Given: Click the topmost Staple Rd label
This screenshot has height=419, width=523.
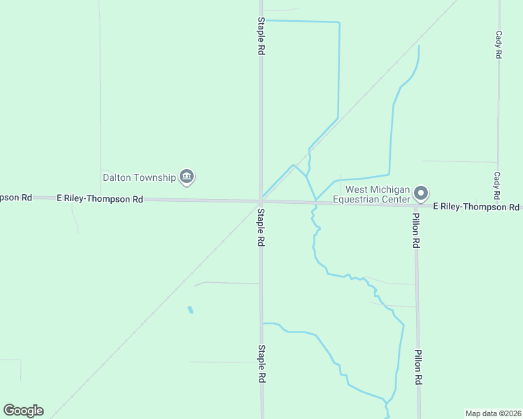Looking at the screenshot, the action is click(x=261, y=36).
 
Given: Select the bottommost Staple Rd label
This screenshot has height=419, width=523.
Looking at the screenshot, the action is click(x=261, y=363).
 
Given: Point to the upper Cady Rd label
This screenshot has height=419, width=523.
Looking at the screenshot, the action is click(x=499, y=44).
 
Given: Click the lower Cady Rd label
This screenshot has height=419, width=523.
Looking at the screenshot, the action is click(x=497, y=185).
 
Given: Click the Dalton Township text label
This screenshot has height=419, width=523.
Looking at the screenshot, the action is click(x=139, y=177).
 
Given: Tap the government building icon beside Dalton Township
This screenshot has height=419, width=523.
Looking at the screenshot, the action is click(x=187, y=177).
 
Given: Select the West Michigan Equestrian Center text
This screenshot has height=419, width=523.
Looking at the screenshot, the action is click(x=376, y=194).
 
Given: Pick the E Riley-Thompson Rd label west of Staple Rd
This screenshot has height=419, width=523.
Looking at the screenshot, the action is click(x=100, y=199).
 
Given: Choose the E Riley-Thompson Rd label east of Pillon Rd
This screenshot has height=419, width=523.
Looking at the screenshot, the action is click(x=476, y=207).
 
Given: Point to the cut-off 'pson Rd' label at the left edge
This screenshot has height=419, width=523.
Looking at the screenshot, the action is click(x=16, y=198).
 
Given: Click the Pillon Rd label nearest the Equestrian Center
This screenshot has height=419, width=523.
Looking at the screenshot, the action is click(x=416, y=231).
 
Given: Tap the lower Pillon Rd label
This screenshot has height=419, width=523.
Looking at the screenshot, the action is click(x=417, y=368).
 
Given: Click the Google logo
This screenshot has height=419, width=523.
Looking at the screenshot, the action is click(x=23, y=411).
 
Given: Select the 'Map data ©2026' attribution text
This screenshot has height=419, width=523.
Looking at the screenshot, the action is click(x=493, y=413).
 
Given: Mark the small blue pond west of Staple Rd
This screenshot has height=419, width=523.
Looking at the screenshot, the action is click(x=190, y=309).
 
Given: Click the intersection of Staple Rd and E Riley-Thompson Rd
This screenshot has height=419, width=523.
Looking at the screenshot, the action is click(x=261, y=201).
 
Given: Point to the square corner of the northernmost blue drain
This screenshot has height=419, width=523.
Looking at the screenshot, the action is click(x=339, y=22).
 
